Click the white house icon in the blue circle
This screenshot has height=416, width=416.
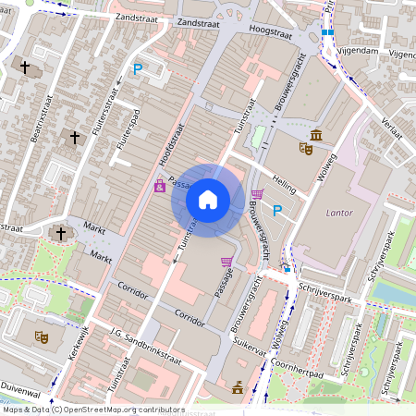(x=208, y=199)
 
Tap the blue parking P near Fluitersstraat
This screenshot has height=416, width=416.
(x=138, y=68)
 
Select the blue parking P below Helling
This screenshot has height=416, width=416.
(x=276, y=211)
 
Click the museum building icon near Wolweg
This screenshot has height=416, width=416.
(x=316, y=137)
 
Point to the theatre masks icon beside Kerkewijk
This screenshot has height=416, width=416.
(x=41, y=336)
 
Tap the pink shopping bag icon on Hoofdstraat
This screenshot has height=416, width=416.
(x=159, y=186)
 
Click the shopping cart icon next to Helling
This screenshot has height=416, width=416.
(x=256, y=194)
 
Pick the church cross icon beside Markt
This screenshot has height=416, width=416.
(x=61, y=233)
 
